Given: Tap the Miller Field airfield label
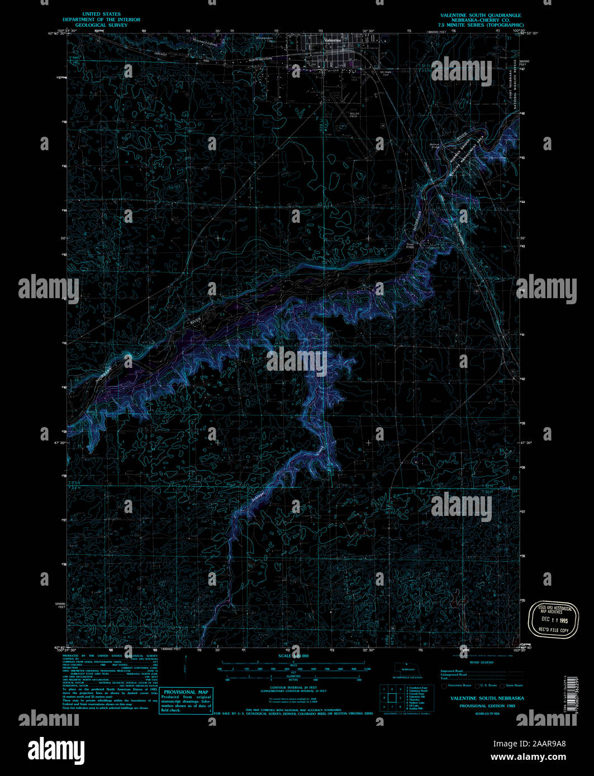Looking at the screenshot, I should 354,114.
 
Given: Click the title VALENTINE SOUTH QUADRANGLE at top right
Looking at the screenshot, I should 480,15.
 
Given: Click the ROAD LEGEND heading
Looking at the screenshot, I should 482,662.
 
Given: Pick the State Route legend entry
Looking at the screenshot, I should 512,685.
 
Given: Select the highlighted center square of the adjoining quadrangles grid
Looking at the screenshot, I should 393,697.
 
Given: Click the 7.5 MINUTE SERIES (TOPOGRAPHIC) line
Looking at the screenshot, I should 480,26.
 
